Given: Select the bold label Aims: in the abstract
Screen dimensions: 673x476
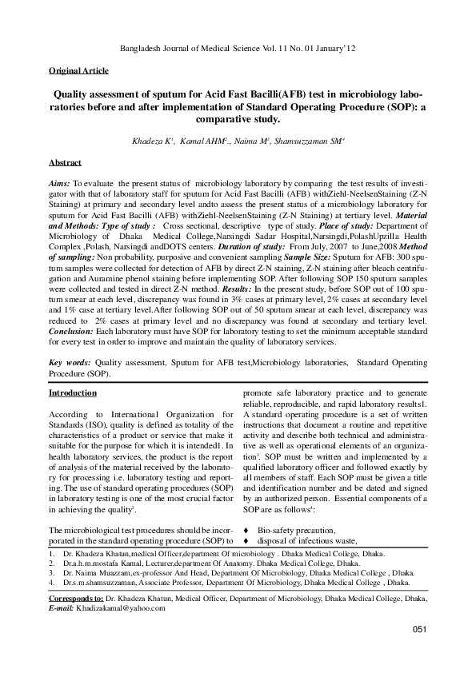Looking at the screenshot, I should click(61, 183).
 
